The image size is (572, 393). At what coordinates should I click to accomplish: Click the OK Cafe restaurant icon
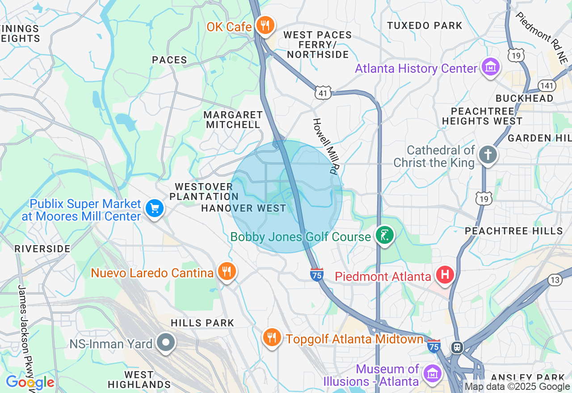click(x=266, y=25)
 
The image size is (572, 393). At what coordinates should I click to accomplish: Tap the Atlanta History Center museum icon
click(x=490, y=67)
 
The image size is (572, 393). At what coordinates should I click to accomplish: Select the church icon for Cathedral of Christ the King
click(x=488, y=155)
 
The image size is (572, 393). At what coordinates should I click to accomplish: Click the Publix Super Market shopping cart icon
click(x=155, y=208)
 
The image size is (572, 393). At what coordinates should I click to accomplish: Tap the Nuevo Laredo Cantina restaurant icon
click(x=227, y=271)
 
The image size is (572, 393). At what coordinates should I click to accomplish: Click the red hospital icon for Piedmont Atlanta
click(x=445, y=274)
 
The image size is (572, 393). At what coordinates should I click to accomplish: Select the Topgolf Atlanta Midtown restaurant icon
click(x=271, y=337)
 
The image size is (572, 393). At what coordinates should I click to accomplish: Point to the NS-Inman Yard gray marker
click(x=166, y=343)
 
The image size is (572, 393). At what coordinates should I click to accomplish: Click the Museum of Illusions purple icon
click(x=432, y=373)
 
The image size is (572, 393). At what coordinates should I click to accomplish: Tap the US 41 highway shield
click(x=323, y=93)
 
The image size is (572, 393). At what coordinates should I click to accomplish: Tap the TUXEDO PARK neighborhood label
click(x=424, y=26)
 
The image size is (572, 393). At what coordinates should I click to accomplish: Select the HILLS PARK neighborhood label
click(x=202, y=323)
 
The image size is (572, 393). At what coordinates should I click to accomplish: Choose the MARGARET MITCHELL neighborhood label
click(x=233, y=120)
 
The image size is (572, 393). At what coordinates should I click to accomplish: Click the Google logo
click(x=30, y=382)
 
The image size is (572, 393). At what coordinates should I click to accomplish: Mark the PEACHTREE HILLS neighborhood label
click(x=514, y=231)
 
